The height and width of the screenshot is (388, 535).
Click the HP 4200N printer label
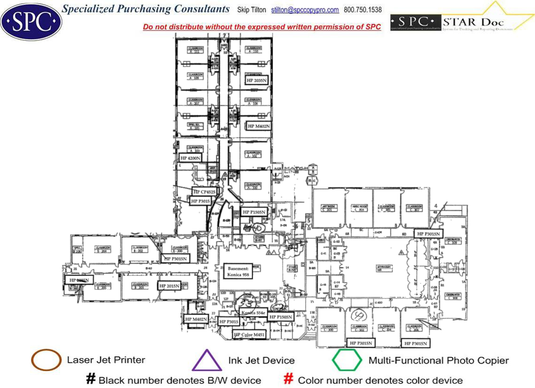pyautogui.click(x=191, y=158)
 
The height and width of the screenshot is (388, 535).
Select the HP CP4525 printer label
pyautogui.click(x=204, y=192)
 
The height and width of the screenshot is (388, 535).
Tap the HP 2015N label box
pyautogui.click(x=169, y=286)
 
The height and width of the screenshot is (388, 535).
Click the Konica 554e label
pyautogui.click(x=253, y=313)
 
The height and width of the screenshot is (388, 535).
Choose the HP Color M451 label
pyautogui.click(x=250, y=334)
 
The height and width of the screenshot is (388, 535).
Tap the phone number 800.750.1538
pyautogui.click(x=363, y=10)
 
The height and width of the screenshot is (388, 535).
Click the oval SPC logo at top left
pyautogui.click(x=31, y=21)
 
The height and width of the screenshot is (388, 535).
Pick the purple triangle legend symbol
pyautogui.click(x=206, y=361)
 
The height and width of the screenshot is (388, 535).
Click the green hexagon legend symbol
pyautogui.click(x=347, y=360)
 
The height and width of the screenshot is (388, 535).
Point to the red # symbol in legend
pyautogui.click(x=289, y=379)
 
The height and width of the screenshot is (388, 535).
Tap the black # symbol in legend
pyautogui.click(x=91, y=379)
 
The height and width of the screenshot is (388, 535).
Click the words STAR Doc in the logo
pyautogui.click(x=474, y=22)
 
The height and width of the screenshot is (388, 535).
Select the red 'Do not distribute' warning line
pyautogui.click(x=262, y=27)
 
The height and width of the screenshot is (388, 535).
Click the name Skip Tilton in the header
pyautogui.click(x=252, y=10)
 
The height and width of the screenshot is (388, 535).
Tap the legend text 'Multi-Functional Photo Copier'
pyautogui.click(x=438, y=360)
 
